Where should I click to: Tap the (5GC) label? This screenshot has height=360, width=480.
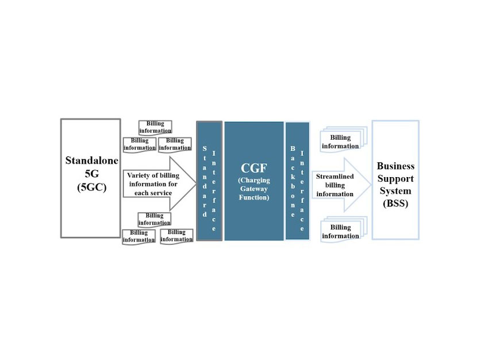(x=90, y=186)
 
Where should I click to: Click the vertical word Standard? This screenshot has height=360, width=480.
(x=203, y=181)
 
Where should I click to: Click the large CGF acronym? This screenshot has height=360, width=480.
(x=254, y=168)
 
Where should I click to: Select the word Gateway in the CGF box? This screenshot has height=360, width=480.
(x=254, y=189)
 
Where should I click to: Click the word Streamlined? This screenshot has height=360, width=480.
(x=335, y=177)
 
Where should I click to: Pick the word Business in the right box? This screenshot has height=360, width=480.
(x=395, y=166)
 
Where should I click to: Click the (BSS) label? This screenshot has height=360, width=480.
(x=395, y=203)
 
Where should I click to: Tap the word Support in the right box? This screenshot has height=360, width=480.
(x=395, y=178)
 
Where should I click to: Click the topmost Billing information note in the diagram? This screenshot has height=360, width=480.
(x=155, y=127)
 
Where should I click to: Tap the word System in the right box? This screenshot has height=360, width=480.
(x=395, y=191)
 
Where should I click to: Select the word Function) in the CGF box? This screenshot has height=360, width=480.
(x=254, y=197)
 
